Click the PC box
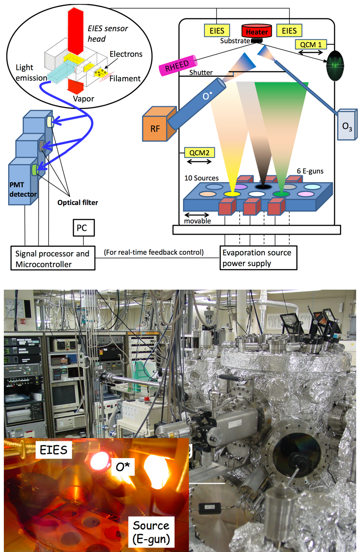(x=81, y=228)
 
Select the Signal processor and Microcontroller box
(x=52, y=259)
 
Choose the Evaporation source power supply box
(x=258, y=258)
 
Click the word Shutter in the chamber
(x=201, y=73)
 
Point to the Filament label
(x=124, y=78)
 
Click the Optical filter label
(x=78, y=202)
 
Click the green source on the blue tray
(x=279, y=194)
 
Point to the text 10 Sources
(x=201, y=178)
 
